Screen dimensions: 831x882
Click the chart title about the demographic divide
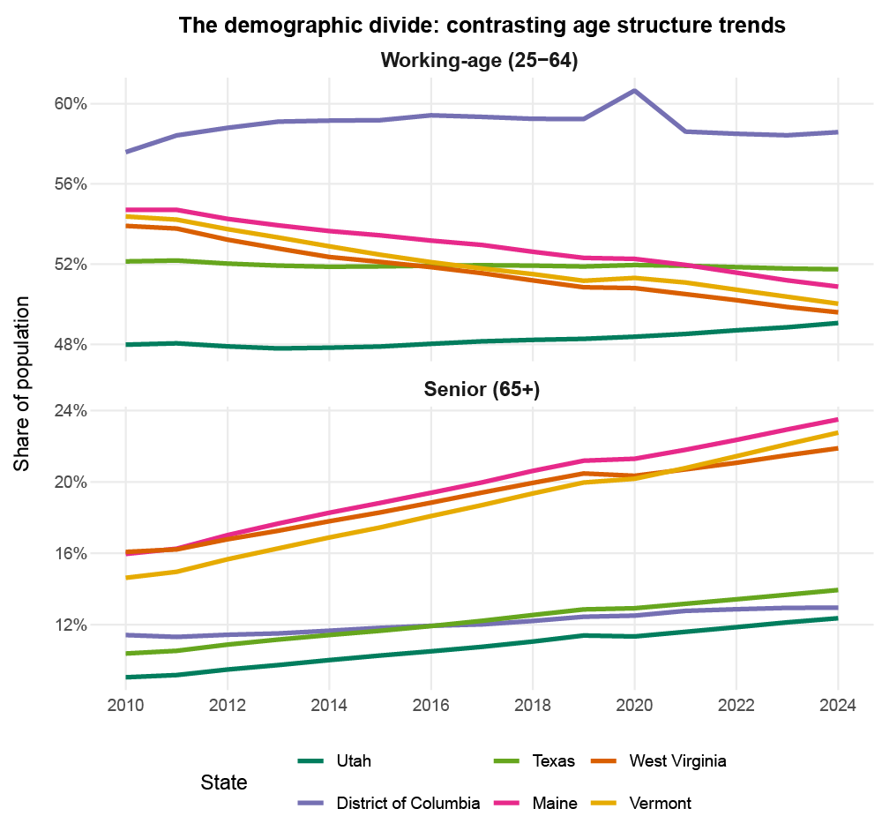pyautogui.click(x=482, y=26)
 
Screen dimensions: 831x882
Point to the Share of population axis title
pyautogui.click(x=23, y=382)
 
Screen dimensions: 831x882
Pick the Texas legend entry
pyautogui.click(x=553, y=761)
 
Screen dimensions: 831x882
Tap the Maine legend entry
pyautogui.click(x=554, y=804)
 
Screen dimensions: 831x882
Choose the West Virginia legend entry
pyautogui.click(x=678, y=761)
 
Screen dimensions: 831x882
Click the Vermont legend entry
pyautogui.click(x=661, y=804)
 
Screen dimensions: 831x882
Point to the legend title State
pyautogui.click(x=223, y=782)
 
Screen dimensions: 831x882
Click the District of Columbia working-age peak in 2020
pyautogui.click(x=634, y=91)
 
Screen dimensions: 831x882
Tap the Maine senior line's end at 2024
pyautogui.click(x=837, y=419)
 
